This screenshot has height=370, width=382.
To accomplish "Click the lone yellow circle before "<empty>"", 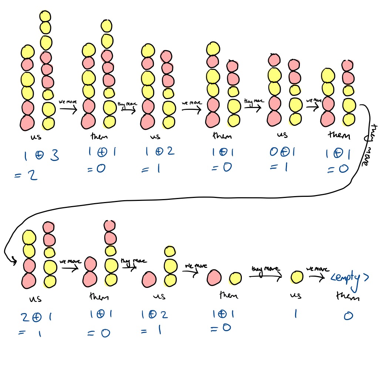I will coord(297,277).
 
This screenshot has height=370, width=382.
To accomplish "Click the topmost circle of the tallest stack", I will coord(45,16).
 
